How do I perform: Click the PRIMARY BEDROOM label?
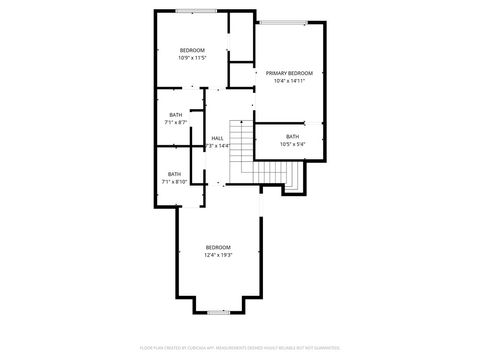point(289,73)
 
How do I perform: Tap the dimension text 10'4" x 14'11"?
point(289,81)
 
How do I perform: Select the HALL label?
point(217,138)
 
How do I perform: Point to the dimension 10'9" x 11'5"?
point(192,58)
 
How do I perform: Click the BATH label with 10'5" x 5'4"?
point(292,136)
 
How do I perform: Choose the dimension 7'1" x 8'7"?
point(176,122)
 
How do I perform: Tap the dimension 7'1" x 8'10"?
point(175,182)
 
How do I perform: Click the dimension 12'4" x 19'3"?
point(218,255)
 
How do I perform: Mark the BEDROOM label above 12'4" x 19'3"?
point(218,247)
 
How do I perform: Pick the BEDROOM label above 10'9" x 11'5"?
point(192,50)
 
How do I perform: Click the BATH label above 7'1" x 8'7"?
point(176,114)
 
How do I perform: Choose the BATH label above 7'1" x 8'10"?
point(175,174)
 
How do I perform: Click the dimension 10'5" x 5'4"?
point(292,144)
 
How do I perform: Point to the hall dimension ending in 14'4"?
point(217,146)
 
